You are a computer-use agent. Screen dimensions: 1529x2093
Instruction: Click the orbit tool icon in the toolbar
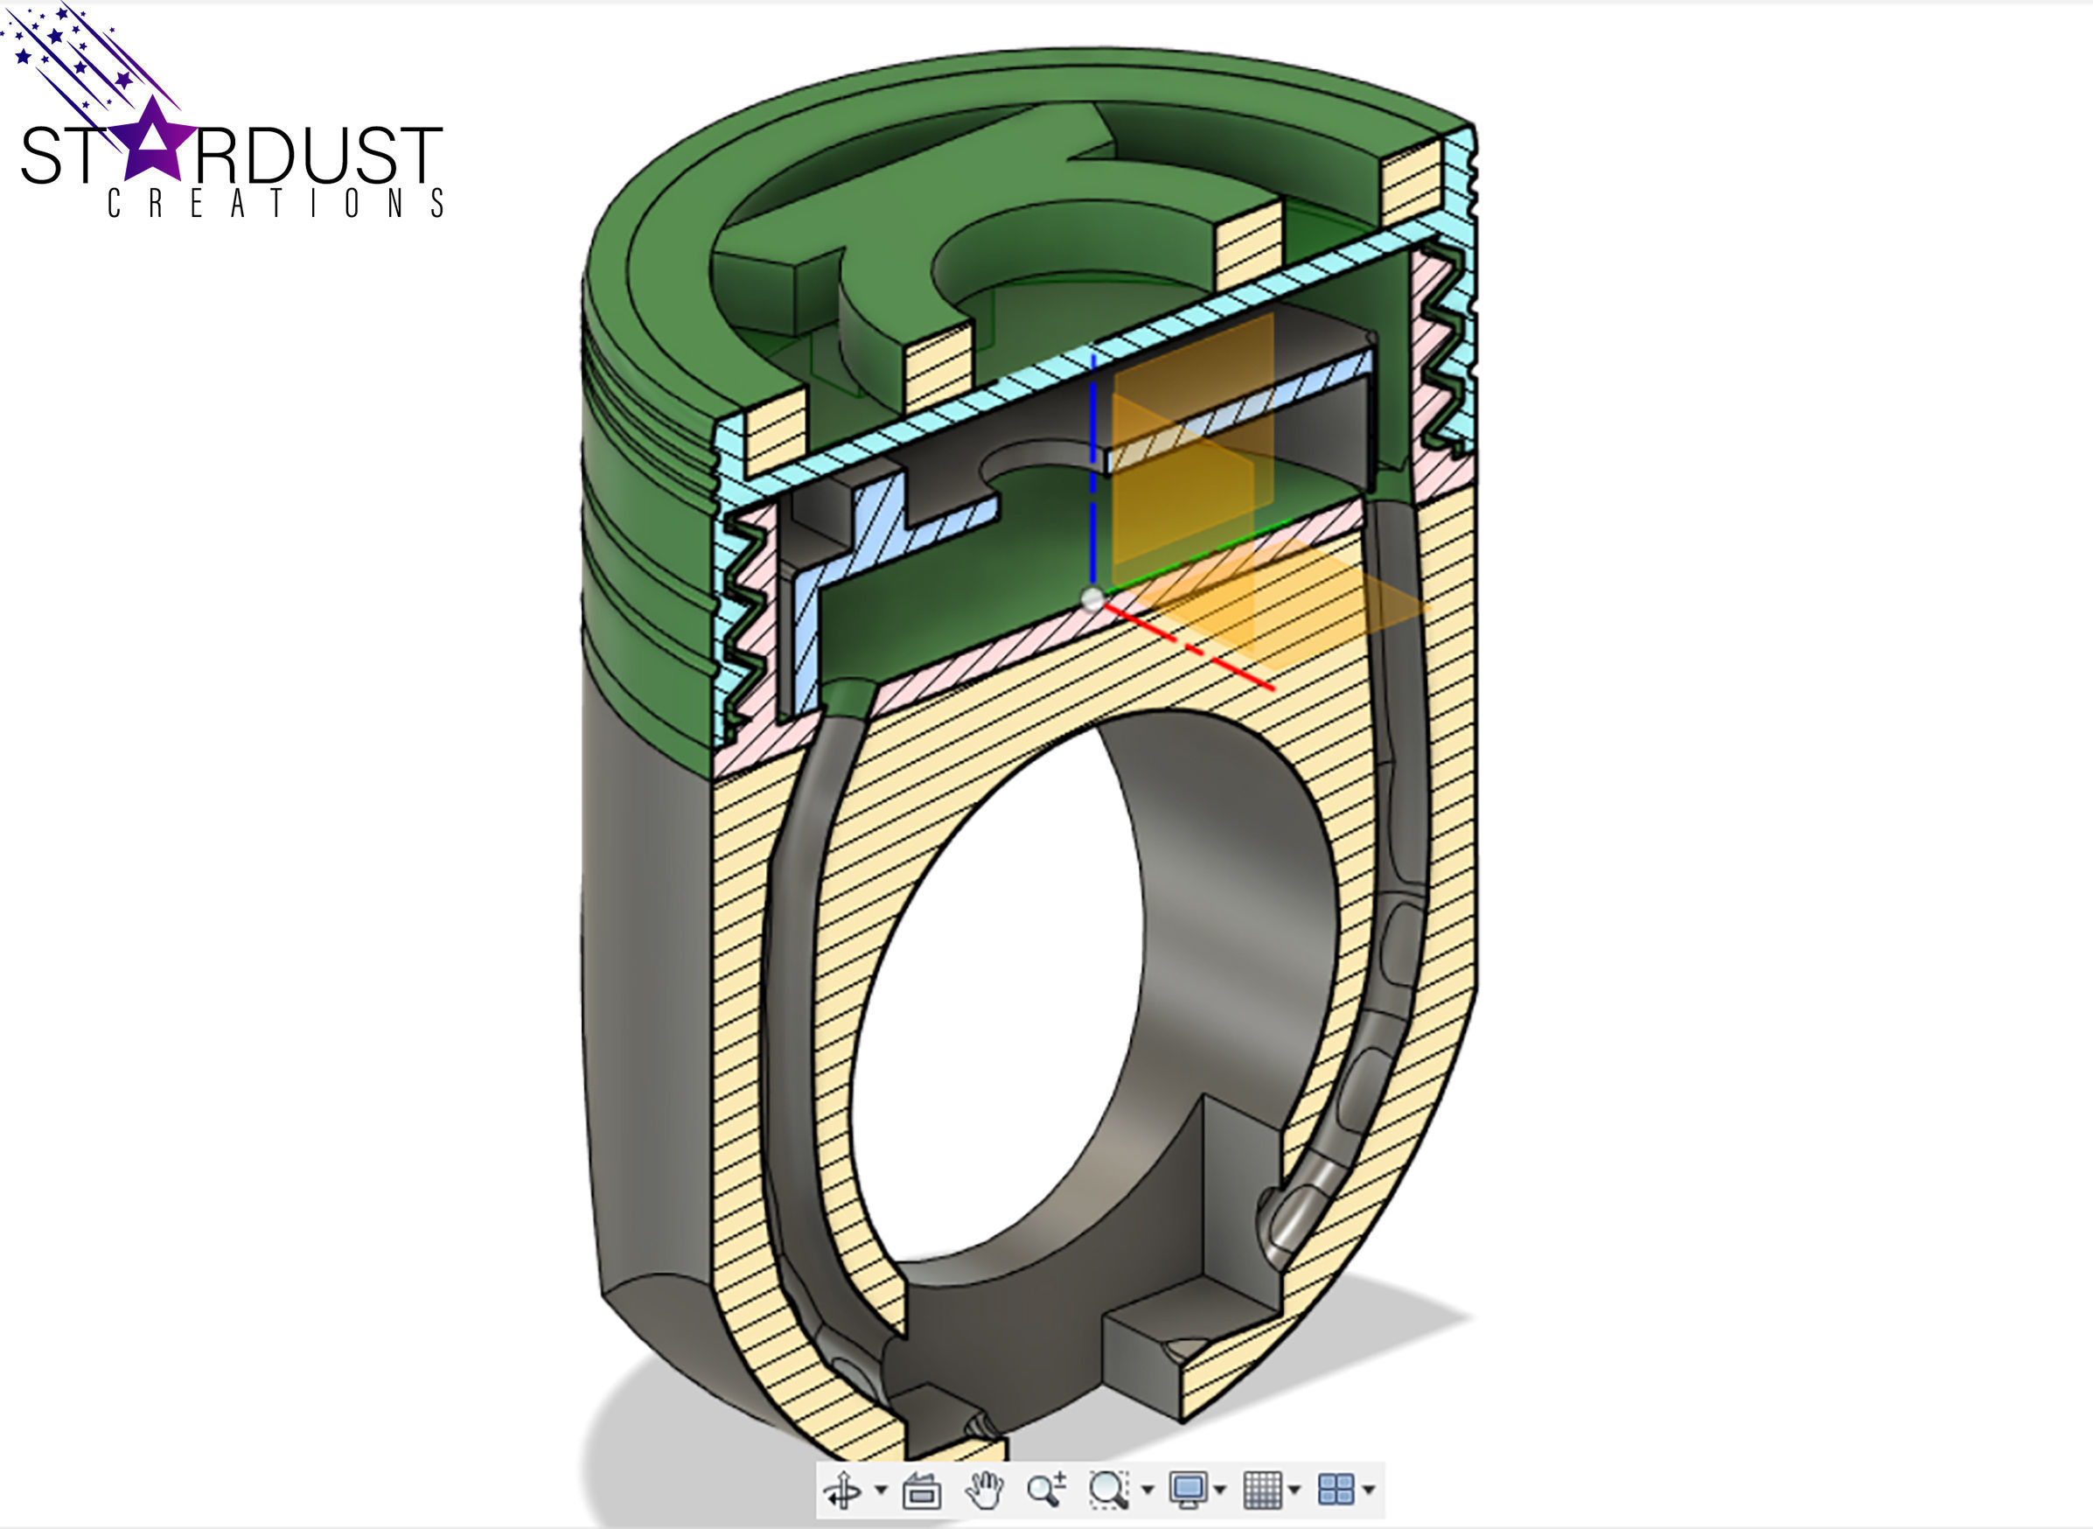click(x=842, y=1491)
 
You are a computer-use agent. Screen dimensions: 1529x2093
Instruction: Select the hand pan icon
click(x=984, y=1491)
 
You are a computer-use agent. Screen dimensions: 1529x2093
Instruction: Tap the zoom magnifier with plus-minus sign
click(x=1045, y=1491)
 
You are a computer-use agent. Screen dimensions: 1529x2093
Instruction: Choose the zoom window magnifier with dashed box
click(x=1107, y=1491)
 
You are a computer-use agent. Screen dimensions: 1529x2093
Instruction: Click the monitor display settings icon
click(x=1188, y=1491)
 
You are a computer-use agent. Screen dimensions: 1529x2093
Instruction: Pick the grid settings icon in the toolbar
click(x=1262, y=1491)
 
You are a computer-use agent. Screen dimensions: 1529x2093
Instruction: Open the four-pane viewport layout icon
click(x=1336, y=1491)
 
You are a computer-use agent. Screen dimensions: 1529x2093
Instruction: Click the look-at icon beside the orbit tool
click(x=922, y=1491)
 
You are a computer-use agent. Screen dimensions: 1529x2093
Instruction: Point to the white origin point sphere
click(x=1092, y=600)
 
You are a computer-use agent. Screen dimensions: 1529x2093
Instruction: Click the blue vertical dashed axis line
click(x=1092, y=463)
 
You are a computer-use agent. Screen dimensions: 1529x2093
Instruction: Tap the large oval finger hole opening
click(x=1000, y=1000)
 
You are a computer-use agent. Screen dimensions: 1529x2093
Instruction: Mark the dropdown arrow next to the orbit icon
click(x=881, y=1491)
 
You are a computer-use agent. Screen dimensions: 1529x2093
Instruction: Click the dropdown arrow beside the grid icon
click(x=1294, y=1491)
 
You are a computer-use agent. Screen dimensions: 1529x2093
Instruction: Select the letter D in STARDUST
click(x=272, y=156)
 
